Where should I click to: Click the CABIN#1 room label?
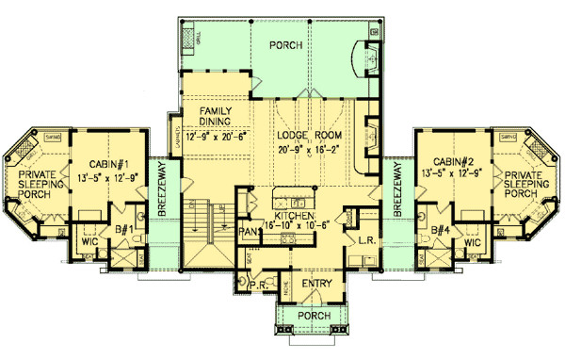point(110,160)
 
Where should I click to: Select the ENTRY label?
point(314,283)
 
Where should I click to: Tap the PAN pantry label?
point(249,229)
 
